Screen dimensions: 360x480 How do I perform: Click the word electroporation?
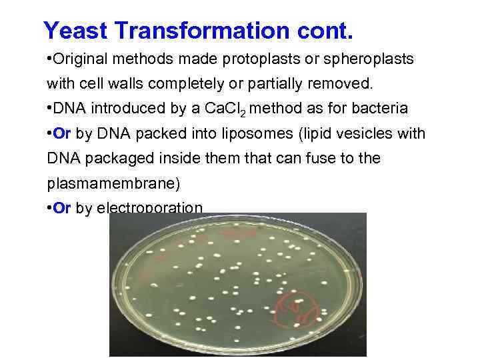pos(149,208)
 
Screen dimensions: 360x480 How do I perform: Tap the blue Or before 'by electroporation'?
pos(62,208)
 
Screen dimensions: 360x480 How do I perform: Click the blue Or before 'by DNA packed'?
pos(62,133)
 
